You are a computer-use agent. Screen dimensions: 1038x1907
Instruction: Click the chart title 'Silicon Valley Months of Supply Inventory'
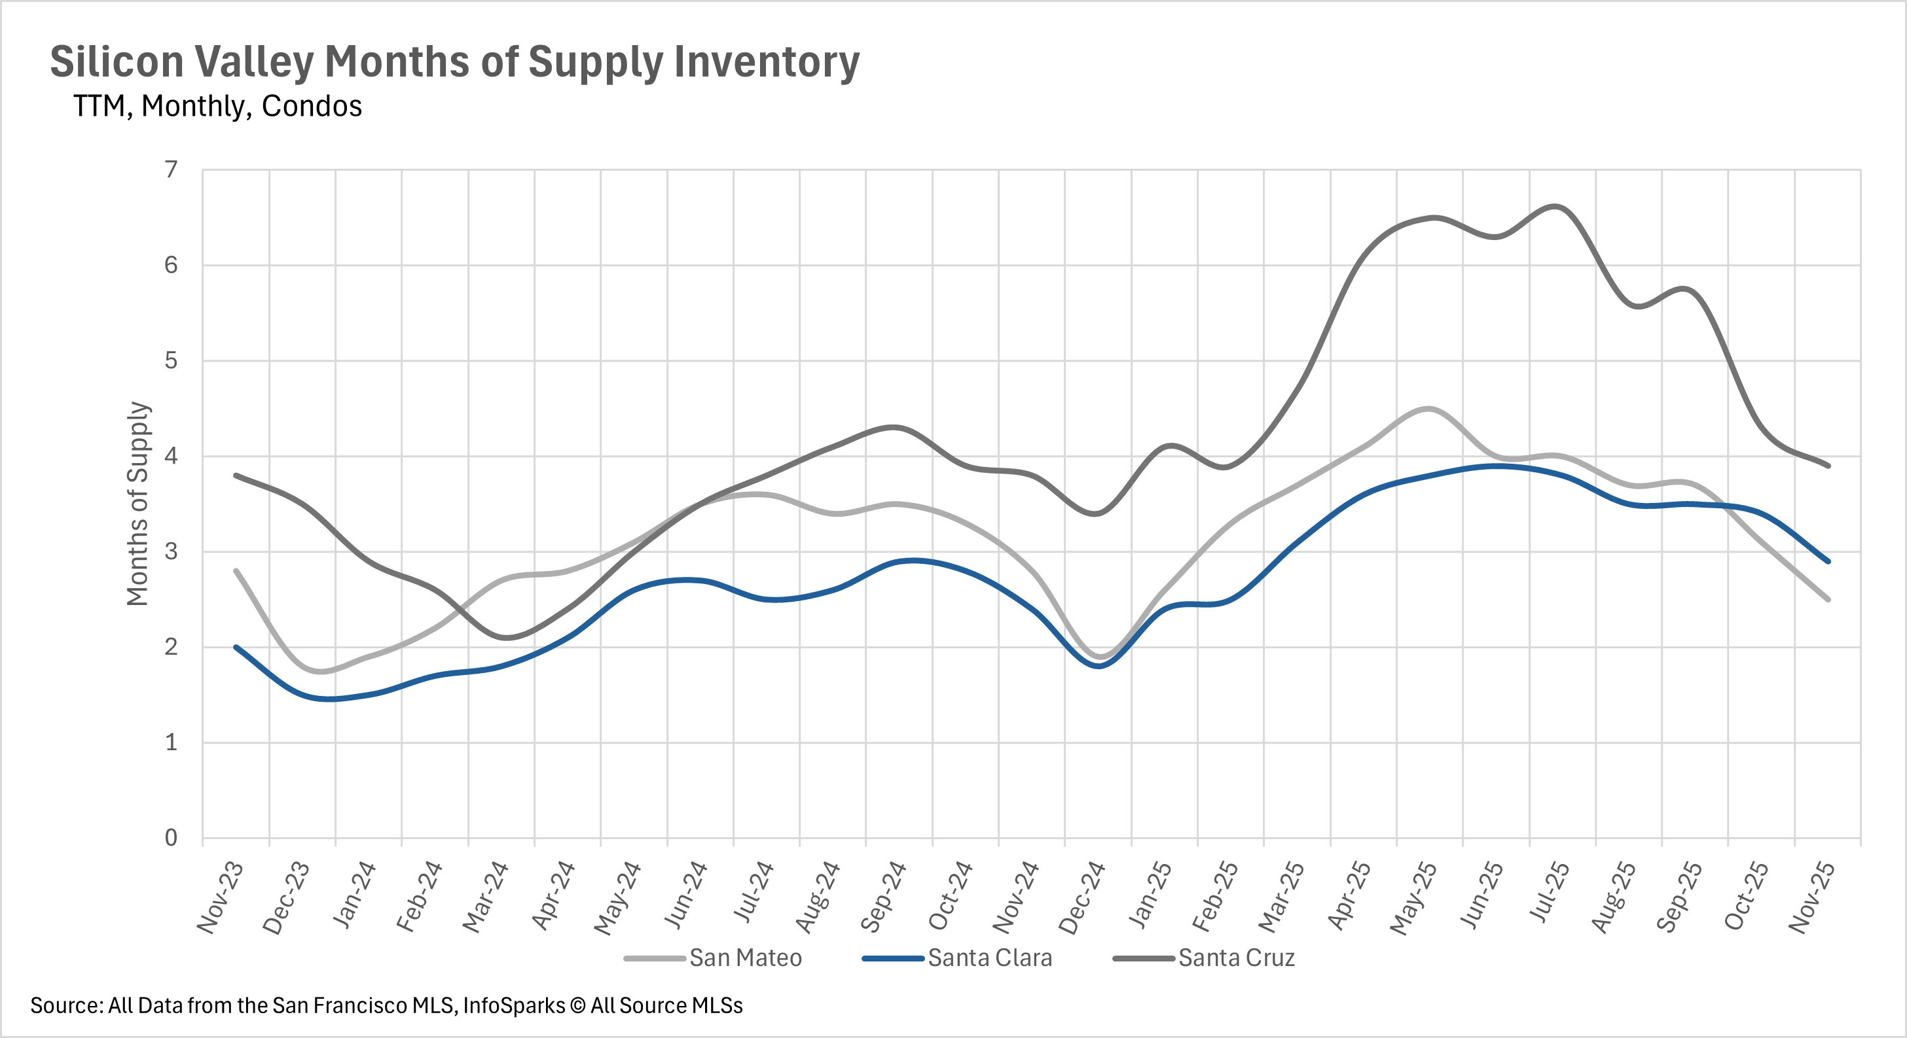pos(454,62)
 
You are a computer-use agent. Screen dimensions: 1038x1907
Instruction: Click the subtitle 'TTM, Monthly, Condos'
pos(217,107)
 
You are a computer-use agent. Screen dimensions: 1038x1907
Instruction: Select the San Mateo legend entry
pos(745,958)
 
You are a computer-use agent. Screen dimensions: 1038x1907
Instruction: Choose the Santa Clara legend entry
pos(989,958)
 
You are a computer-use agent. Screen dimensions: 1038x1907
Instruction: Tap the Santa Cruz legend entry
pos(1236,958)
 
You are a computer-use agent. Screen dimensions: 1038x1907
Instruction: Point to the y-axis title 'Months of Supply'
pos(138,504)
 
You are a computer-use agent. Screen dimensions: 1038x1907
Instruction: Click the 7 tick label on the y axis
pos(172,170)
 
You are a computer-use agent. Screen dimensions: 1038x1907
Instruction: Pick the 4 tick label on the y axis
pos(172,456)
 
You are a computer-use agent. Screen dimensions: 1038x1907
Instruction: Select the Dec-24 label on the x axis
pos(1083,897)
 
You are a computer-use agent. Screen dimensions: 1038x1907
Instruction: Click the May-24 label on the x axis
pos(618,897)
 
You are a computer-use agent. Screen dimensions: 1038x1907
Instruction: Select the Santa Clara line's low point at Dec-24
pos(1099,666)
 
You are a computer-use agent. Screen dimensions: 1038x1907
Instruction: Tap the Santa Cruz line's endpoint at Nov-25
pos(1828,465)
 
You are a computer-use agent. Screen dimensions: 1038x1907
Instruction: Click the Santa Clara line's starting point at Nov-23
pos(236,648)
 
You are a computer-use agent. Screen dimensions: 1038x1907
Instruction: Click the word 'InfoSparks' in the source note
pos(514,1006)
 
